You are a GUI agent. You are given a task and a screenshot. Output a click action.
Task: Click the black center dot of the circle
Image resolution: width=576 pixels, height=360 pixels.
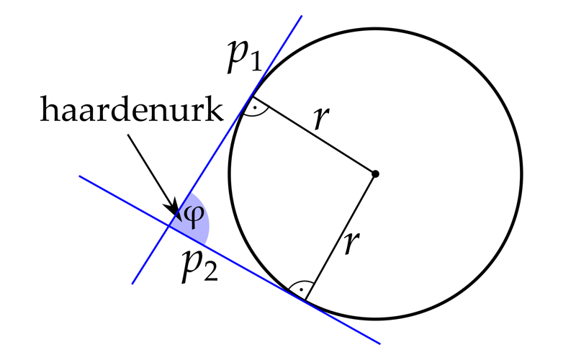[375, 174]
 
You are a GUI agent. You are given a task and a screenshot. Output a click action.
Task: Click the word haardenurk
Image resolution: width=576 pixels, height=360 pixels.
[132, 109]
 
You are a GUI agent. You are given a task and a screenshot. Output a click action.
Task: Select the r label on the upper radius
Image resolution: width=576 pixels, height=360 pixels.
[321, 117]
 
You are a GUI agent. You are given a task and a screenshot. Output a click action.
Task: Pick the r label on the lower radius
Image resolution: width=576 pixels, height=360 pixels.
[352, 243]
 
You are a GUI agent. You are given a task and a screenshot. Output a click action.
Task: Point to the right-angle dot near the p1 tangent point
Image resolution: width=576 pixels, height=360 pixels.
[255, 109]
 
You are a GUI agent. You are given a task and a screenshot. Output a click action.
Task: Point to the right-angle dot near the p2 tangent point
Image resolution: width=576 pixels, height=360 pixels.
[301, 290]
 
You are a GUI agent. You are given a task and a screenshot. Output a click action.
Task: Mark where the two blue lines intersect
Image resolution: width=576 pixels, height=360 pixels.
[169, 226]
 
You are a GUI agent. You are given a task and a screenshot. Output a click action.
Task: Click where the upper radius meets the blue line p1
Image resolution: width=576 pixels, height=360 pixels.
[252, 96]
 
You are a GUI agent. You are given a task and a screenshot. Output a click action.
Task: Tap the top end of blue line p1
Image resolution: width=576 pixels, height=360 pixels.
[302, 16]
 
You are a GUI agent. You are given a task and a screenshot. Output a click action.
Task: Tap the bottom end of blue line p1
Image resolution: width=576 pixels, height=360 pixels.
[132, 284]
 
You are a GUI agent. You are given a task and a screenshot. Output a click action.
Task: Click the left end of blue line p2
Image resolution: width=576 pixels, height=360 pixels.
[79, 176]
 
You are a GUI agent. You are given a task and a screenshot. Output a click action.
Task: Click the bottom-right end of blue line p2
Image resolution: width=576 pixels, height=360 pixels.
[380, 344]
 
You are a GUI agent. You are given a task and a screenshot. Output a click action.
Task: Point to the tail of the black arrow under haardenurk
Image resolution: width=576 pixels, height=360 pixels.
[128, 135]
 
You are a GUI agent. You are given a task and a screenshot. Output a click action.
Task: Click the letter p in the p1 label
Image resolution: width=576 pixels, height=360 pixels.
[238, 56]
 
